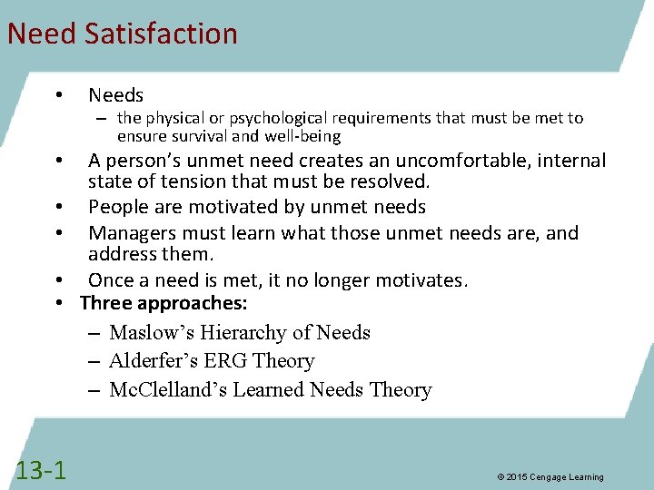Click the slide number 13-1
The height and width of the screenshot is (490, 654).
coord(41,469)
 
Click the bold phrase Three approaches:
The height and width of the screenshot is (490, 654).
coord(163,302)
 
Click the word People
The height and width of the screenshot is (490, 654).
coord(118,208)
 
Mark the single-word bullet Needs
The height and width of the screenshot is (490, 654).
coord(115,95)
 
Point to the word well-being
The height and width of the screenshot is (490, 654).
coord(302,137)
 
